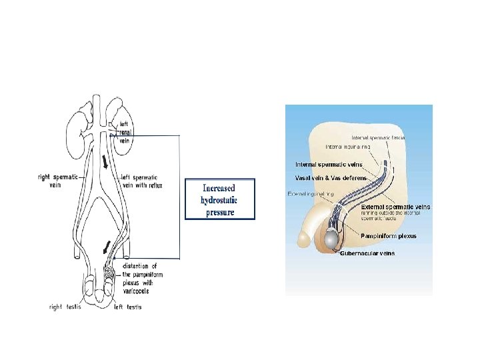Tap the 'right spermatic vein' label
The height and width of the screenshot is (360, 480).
(59, 181)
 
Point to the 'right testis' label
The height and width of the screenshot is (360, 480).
(65, 307)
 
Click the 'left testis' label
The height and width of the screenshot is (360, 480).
(127, 307)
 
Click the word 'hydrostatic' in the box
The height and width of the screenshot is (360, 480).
(219, 200)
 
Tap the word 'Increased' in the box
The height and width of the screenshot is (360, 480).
(219, 189)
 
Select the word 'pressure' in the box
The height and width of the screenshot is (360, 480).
(220, 212)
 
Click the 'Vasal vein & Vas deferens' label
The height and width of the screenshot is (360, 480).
(332, 178)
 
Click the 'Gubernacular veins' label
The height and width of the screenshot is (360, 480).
(367, 253)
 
